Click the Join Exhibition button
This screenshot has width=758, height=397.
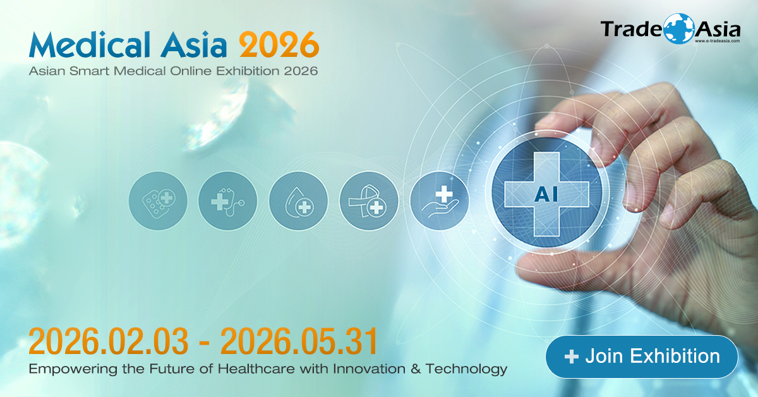point(641,357)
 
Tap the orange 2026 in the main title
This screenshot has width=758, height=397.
point(279,44)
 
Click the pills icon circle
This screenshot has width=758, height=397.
point(158,201)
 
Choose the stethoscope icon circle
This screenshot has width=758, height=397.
point(228,201)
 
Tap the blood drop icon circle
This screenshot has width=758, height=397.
point(298,201)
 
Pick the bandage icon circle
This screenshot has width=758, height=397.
point(369,201)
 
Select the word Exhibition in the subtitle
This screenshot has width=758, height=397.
point(245,70)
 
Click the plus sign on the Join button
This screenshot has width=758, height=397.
point(572,357)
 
